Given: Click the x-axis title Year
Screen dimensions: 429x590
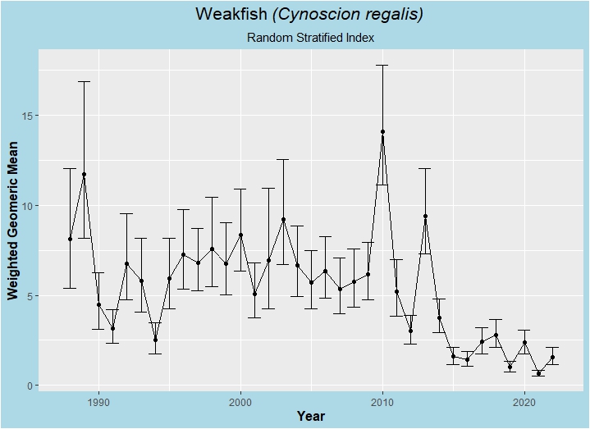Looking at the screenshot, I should tap(311, 417).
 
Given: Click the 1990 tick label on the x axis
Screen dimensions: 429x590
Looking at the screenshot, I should tap(98, 402).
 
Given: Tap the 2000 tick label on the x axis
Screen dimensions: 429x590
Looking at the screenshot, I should tap(240, 402).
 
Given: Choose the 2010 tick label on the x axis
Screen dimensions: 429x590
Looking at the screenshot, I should tap(382, 402).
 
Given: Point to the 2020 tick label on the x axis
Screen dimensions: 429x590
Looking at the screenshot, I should tap(524, 402).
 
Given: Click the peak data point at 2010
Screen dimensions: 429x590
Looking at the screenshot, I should tap(382, 132).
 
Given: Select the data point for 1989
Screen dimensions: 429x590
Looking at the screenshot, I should tap(84, 175).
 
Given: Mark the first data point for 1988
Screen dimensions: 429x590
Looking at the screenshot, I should tap(70, 239).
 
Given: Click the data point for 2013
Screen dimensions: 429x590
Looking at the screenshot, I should tap(425, 217).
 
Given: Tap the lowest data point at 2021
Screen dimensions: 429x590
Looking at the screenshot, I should tap(538, 373).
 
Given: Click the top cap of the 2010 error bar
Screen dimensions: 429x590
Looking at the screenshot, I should tap(382, 65).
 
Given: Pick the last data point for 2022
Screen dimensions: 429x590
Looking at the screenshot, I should tap(553, 358).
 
